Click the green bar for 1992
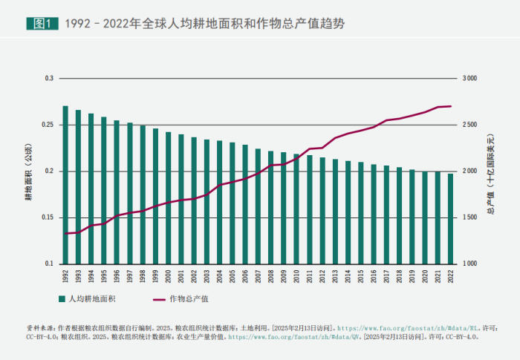(x=65, y=185)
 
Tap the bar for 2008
(x=270, y=207)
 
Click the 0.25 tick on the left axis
(x=49, y=125)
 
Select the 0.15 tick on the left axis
(x=49, y=217)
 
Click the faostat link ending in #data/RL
(x=404, y=327)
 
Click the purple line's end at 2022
(x=450, y=106)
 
